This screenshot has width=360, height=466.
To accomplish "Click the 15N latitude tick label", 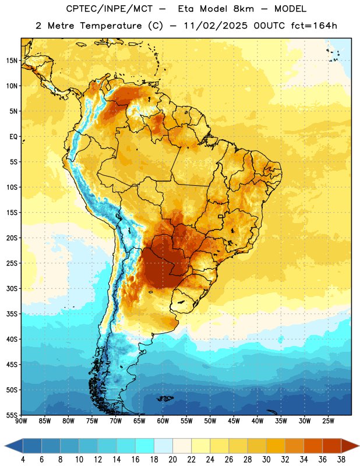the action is [x=12, y=61].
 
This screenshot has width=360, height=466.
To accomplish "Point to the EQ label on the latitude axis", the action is [x=13, y=137].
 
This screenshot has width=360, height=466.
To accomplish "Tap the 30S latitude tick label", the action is [x=12, y=288].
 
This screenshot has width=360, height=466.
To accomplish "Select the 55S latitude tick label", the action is [x=12, y=415].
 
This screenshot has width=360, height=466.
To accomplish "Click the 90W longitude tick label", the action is [x=21, y=421].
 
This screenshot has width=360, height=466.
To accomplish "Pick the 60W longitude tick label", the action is [x=163, y=421].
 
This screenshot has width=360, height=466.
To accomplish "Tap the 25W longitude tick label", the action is [x=328, y=421].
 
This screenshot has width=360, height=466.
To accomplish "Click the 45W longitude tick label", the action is [x=234, y=421].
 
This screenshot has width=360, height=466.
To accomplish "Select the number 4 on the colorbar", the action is [x=23, y=460].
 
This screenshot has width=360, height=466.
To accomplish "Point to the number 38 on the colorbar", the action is [x=341, y=460].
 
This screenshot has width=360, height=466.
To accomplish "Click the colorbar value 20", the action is [x=172, y=460].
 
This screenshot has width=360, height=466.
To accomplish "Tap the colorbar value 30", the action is [x=266, y=460].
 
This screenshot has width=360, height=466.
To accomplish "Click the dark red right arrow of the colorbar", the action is [x=350, y=446].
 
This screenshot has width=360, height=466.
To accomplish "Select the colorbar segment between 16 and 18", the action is [x=144, y=446].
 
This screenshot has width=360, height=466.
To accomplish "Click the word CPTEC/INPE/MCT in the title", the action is [x=109, y=9].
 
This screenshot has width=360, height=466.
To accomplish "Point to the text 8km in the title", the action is [x=243, y=9].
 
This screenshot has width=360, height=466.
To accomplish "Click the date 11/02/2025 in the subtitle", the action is [x=216, y=26].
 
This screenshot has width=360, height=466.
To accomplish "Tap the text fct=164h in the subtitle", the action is [x=314, y=26].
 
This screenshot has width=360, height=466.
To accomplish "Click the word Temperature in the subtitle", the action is [x=110, y=26].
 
